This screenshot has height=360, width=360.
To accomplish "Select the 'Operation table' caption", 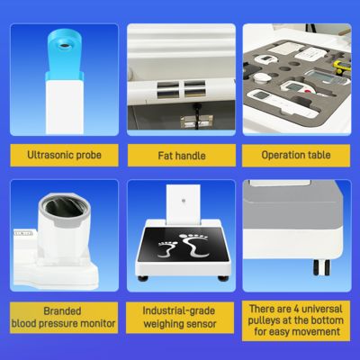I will [296, 154].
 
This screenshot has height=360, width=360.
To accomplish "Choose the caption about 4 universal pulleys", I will [296, 320].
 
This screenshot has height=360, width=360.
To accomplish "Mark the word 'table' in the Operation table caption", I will [319, 154].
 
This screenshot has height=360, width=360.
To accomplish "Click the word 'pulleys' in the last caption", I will [274, 320].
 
